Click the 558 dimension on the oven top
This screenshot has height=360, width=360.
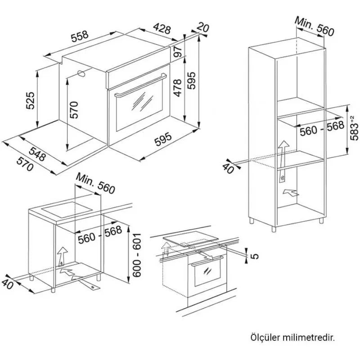(x=80, y=36)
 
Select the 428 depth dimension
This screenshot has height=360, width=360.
(x=162, y=28)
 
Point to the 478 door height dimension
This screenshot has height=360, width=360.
(x=177, y=88)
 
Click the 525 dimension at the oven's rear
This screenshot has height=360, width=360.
(x=30, y=100)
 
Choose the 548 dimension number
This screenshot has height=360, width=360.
(x=38, y=154)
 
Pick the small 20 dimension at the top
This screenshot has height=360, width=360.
(x=203, y=27)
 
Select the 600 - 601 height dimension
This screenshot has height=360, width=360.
(x=137, y=255)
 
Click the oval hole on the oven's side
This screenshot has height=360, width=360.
(x=81, y=74)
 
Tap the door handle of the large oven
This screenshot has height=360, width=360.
(x=140, y=85)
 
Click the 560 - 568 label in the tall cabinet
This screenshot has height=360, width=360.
(x=322, y=129)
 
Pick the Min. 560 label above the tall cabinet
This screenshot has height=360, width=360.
(x=314, y=26)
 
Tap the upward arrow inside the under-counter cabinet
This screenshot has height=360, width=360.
(x=62, y=256)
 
